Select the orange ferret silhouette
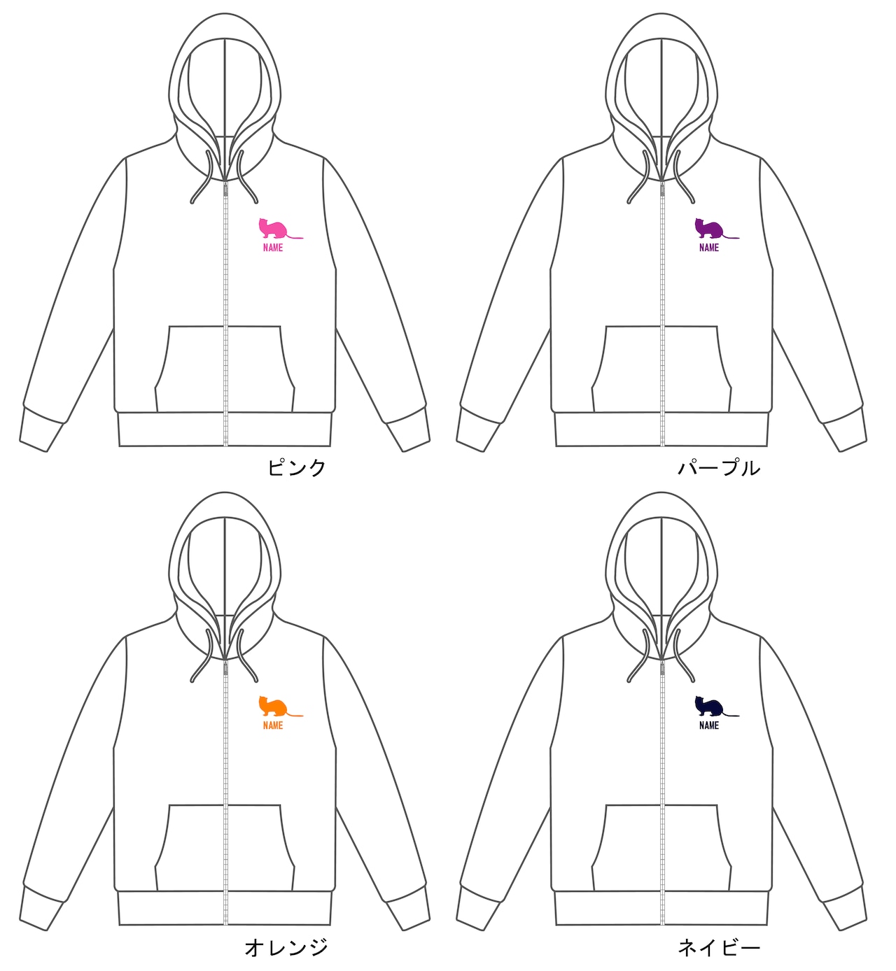[x=274, y=708]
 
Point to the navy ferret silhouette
[x=710, y=708]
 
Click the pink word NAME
[x=273, y=248]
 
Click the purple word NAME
[x=709, y=248]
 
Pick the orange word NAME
[x=273, y=725]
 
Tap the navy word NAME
[x=709, y=725]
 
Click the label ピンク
[x=297, y=467]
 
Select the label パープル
[x=719, y=467]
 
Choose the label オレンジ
[x=286, y=947]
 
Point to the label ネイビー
[x=719, y=947]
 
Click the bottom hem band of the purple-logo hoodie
[x=661, y=429]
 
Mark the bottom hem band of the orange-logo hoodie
[x=225, y=908]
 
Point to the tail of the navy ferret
[x=731, y=716]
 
